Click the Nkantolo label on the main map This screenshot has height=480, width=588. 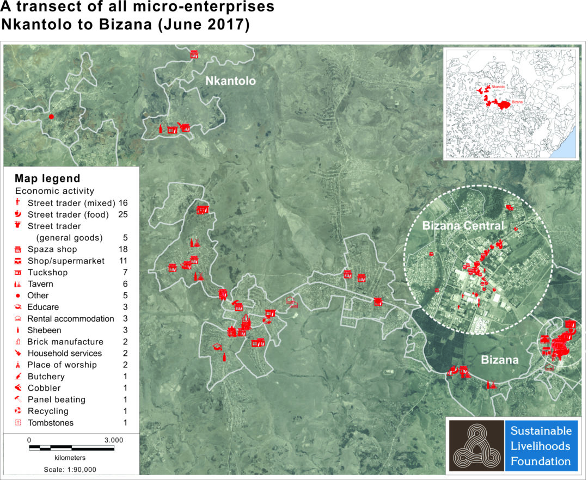tap(230, 82)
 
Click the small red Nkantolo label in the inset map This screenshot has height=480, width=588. tap(498, 87)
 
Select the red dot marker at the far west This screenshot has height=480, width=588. tap(51, 116)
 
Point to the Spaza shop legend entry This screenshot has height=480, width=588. tap(52, 249)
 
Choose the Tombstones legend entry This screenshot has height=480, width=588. tap(50, 423)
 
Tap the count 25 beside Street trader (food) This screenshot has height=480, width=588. tap(122, 214)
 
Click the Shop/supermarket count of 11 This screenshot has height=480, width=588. tap(123, 261)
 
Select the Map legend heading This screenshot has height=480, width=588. tap(47, 179)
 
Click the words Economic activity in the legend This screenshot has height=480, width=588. tap(54, 191)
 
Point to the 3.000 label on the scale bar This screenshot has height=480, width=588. tap(113, 440)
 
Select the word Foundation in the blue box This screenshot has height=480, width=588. tap(541, 461)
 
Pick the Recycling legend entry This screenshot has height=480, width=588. tap(47, 411)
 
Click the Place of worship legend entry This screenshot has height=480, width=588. tap(62, 365)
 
